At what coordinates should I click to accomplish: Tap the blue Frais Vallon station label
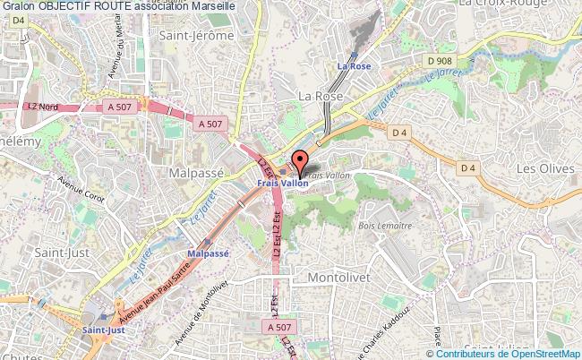pos(282,184)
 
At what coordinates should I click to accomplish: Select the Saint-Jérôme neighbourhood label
pos(196,35)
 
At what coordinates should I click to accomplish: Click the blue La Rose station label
pos(353,65)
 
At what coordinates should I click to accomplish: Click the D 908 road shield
pos(440,60)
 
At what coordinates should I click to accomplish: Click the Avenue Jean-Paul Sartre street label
pos(156,287)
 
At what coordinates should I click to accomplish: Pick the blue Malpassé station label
pos(208,253)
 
